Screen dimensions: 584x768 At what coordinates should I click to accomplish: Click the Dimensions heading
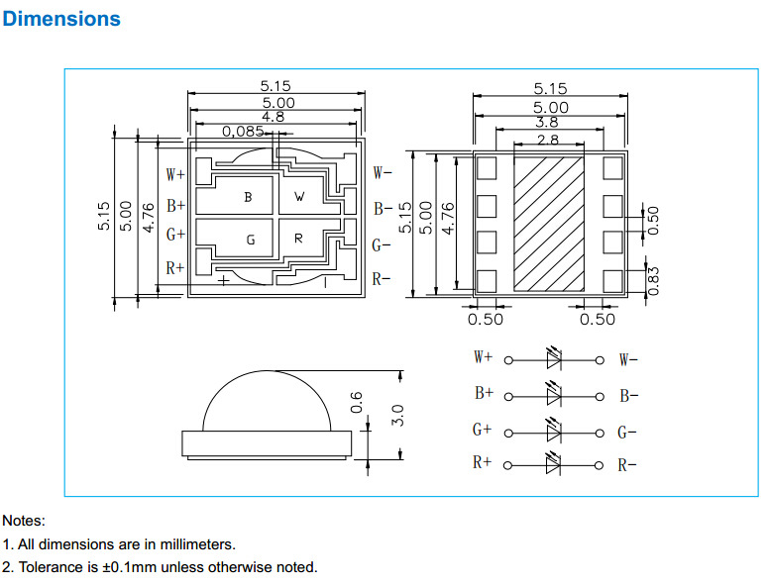pos(61,19)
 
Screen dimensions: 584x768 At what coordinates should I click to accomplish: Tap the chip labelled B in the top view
pos(248,197)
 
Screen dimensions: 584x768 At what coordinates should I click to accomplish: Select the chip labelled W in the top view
pos(300,197)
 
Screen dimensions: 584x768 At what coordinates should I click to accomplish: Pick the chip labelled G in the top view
pos(250,240)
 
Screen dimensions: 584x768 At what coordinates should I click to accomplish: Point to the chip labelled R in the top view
pos(298,240)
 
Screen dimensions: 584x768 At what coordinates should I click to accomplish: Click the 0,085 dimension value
pos(243,131)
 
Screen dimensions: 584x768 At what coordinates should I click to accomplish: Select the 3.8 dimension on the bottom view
pos(546,123)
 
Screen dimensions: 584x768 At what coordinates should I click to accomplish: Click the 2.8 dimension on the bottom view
pos(547,141)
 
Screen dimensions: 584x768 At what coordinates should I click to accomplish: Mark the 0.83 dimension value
pos(653,282)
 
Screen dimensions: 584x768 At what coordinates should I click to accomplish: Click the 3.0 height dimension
pos(398,415)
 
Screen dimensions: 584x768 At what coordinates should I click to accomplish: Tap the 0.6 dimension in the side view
pos(358,402)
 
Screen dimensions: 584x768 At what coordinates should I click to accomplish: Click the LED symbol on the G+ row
pos(553,432)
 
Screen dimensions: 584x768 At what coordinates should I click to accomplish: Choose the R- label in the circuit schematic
pos(627,465)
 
